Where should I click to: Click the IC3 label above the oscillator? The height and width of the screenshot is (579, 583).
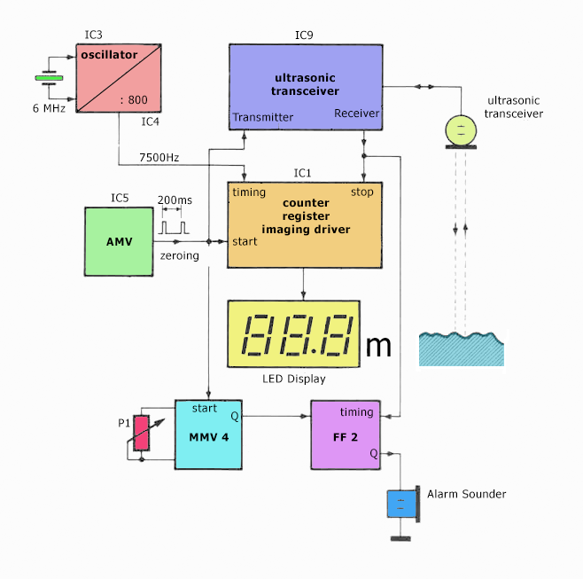93,35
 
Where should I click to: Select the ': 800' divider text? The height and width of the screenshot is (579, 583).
134,99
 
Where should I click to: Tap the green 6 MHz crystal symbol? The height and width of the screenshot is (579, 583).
49,78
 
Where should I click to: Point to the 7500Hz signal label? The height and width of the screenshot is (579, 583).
159,158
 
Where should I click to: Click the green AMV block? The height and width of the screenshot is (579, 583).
119,241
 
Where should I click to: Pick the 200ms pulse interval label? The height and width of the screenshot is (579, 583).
175,200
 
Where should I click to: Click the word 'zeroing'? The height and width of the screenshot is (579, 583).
180,255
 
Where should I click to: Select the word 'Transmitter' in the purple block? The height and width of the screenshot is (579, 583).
263,117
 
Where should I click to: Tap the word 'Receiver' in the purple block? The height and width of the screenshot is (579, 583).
356,113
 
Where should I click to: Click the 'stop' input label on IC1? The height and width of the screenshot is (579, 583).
362,192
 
